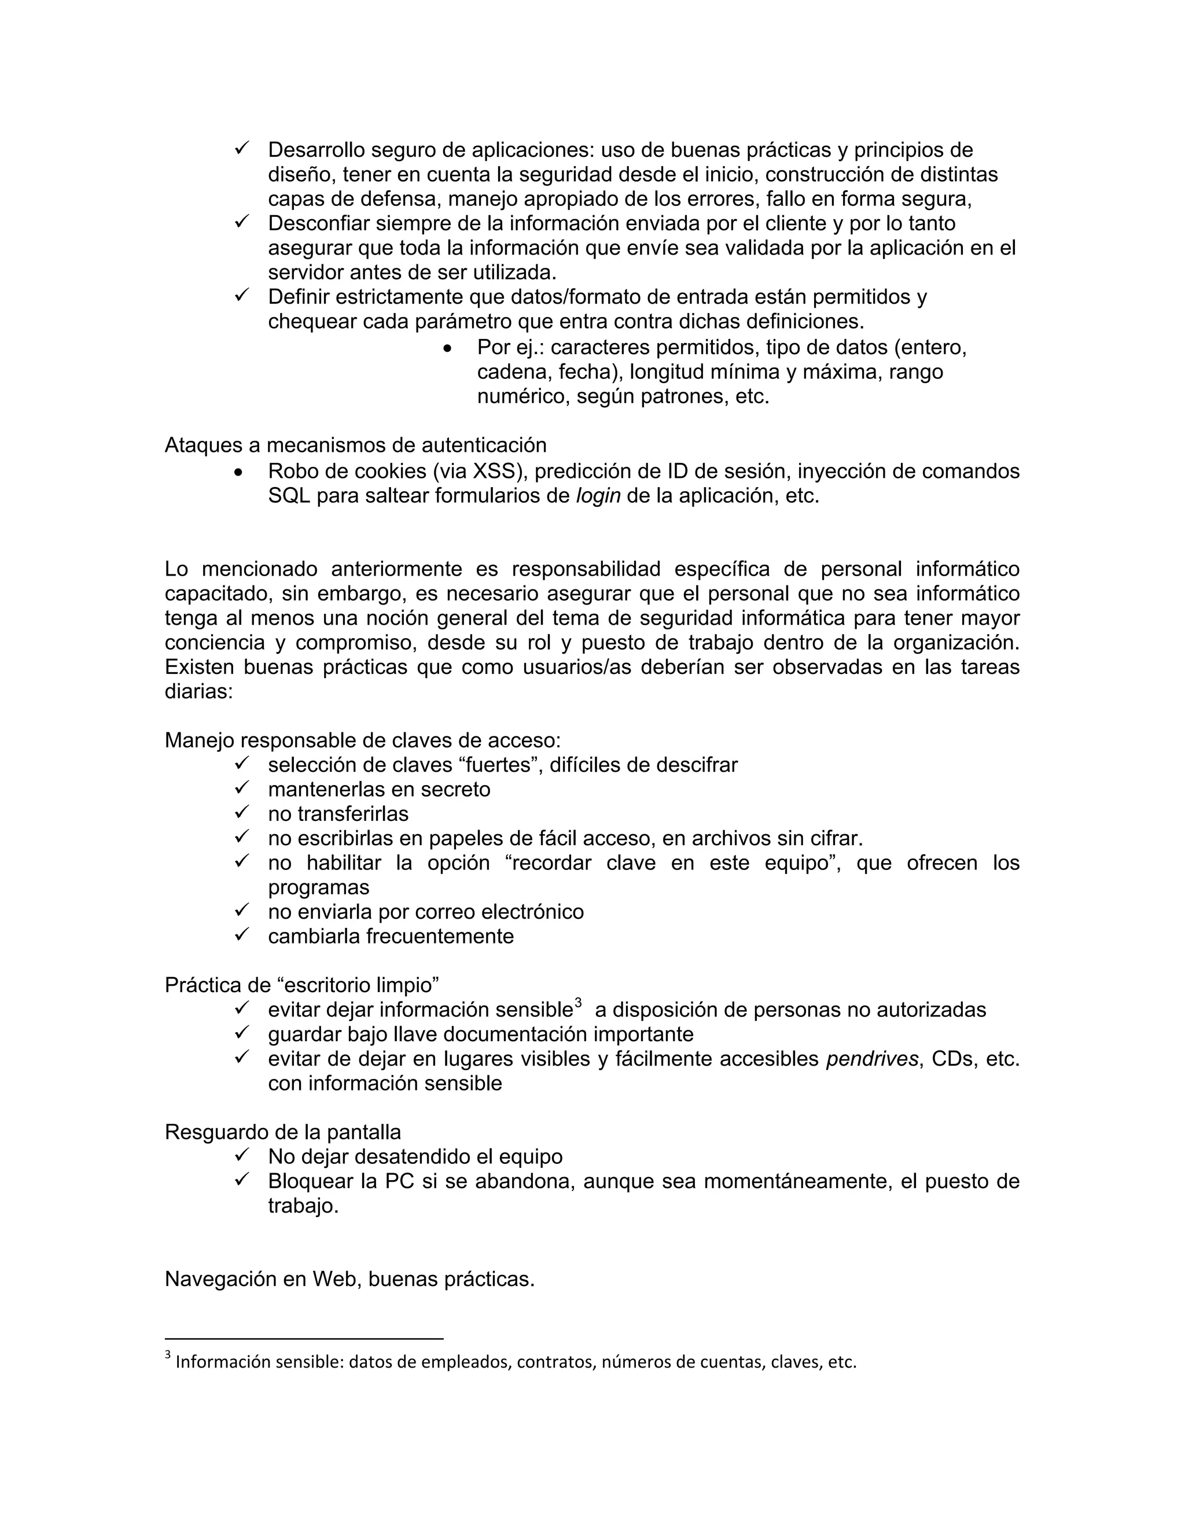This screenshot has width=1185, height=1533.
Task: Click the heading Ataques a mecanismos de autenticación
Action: (x=355, y=445)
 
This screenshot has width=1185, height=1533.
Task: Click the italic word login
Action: (x=598, y=496)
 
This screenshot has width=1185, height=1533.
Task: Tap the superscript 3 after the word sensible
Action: (x=578, y=1004)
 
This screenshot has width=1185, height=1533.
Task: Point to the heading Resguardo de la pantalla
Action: (x=283, y=1132)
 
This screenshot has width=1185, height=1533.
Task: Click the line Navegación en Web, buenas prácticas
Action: (x=349, y=1279)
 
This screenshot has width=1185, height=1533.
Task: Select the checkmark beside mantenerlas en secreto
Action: (x=242, y=788)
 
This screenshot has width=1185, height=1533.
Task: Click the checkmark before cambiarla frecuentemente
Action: (x=242, y=935)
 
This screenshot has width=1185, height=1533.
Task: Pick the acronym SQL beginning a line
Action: (x=289, y=496)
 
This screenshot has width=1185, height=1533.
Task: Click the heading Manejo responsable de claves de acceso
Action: (x=362, y=740)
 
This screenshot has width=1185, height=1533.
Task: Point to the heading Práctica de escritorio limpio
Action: (x=302, y=985)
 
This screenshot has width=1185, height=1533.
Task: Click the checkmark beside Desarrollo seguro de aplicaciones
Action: (x=242, y=149)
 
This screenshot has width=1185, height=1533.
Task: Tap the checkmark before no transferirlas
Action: (x=242, y=813)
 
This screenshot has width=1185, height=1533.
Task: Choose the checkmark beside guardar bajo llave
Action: (x=242, y=1033)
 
